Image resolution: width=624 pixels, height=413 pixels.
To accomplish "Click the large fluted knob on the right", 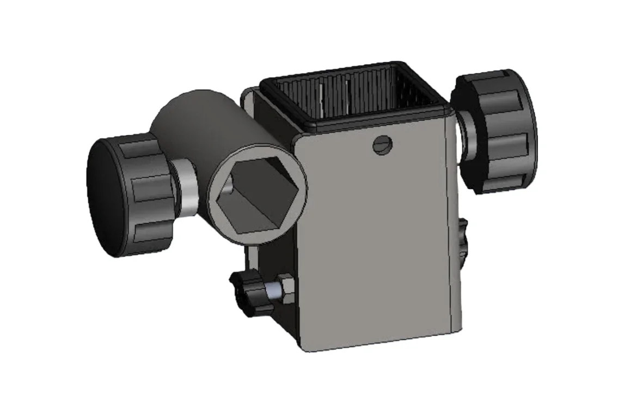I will pos(498,131).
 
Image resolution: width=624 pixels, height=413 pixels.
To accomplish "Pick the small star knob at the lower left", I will pos(248,294).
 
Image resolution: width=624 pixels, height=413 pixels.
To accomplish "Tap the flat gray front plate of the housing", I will pos(376,240).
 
